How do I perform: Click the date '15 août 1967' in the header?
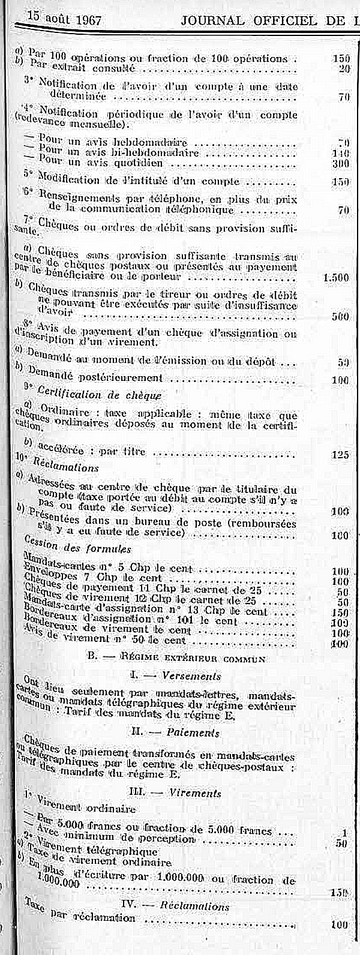coord(64,19)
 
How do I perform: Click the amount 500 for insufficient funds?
coord(340,317)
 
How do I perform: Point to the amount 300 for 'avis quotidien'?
coord(340,164)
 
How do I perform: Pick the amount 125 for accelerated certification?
coord(340,455)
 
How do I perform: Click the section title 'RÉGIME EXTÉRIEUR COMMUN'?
coord(192,657)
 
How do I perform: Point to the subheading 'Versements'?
coord(191,675)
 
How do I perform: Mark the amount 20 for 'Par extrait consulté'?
coord(344,68)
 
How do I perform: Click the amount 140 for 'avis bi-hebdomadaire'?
coord(340,153)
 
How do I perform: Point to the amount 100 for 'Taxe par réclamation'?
coord(340,924)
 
